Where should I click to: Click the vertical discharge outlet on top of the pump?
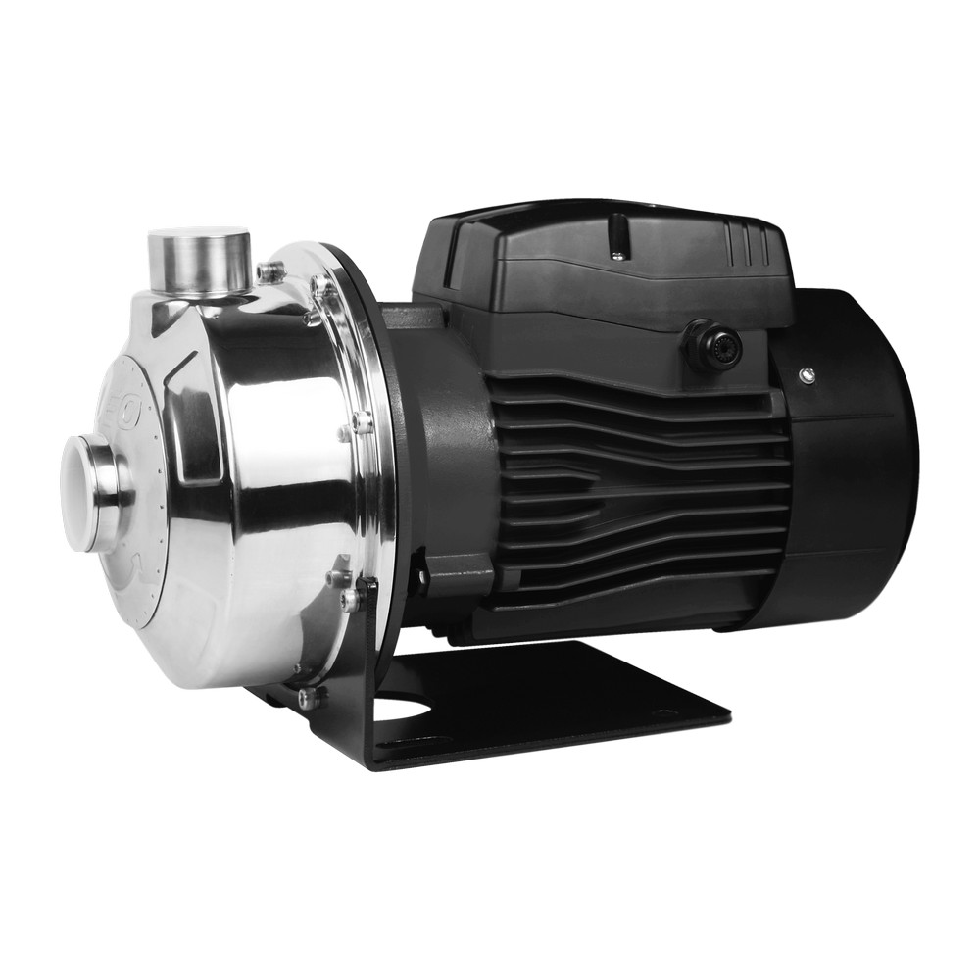click(198, 265)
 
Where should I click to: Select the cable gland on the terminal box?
click(712, 346)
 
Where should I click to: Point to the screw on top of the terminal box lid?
click(616, 256)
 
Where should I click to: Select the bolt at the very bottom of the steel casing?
click(310, 697)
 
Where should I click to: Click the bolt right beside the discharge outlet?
click(269, 271)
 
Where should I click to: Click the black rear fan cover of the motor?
click(853, 461)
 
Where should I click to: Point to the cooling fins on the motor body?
click(637, 490)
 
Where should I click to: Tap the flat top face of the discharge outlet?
click(198, 237)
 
